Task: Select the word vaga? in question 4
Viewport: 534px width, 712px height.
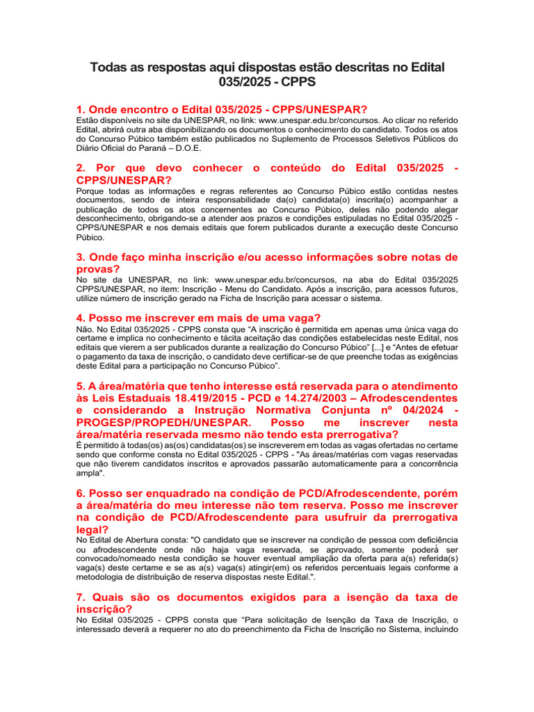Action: (x=299, y=318)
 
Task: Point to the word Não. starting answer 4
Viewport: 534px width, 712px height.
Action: (x=85, y=329)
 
